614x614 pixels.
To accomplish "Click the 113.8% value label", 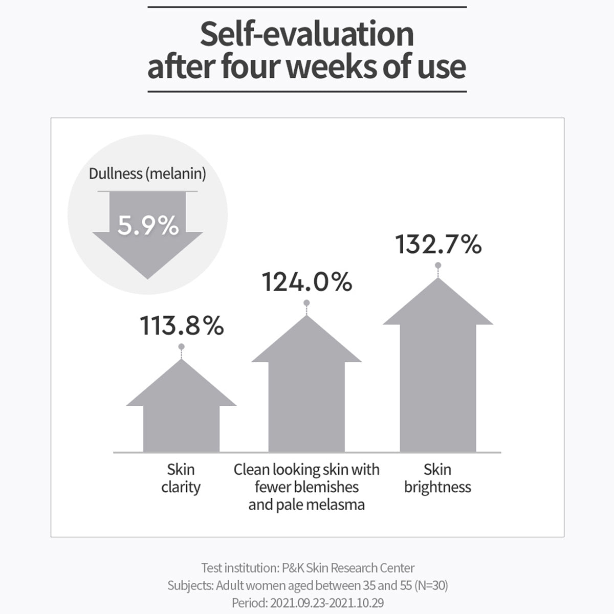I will click(x=182, y=326).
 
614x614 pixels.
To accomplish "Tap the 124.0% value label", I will click(x=307, y=282).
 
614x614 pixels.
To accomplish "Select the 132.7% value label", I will click(x=438, y=245).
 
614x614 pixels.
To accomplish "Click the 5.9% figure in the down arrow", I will click(x=148, y=225).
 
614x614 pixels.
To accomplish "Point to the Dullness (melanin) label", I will click(x=147, y=173).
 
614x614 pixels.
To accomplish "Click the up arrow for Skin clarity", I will click(x=181, y=409).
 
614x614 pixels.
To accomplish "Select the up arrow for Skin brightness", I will click(x=438, y=368).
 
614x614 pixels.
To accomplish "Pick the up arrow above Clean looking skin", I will click(x=306, y=389).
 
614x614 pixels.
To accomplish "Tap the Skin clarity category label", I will click(x=181, y=478).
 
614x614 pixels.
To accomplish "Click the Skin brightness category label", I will click(x=437, y=478).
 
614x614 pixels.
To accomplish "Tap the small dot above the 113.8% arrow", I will click(x=181, y=347).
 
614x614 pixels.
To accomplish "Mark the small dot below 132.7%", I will click(x=438, y=265).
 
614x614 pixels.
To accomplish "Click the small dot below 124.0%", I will click(x=306, y=303).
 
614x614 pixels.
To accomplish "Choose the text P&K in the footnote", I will click(x=293, y=568).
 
